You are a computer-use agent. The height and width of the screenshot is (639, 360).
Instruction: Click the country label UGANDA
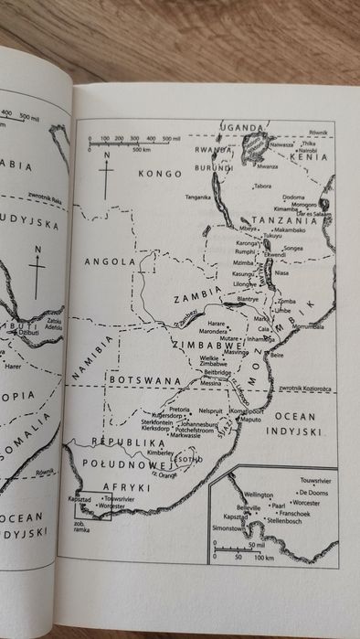pos(243,127)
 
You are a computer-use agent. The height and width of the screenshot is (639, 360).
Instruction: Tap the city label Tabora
pos(263,186)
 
